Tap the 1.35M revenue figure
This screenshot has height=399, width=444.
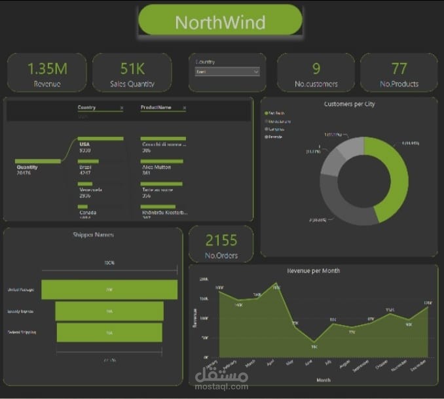[47, 68]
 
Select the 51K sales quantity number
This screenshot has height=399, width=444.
[132, 68]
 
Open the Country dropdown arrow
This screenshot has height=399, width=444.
[255, 71]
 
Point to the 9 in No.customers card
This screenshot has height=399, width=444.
[316, 68]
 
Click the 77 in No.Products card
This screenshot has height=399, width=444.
[399, 68]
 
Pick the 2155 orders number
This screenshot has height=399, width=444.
[221, 240]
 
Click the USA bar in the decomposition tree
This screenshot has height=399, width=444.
[100, 139]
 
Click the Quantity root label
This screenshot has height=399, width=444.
[28, 167]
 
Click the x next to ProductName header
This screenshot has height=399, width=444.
[184, 107]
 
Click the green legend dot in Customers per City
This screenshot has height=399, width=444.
[267, 113]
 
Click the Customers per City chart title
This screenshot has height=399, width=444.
[349, 103]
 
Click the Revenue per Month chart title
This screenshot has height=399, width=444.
[313, 270]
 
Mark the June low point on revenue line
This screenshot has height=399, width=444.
[314, 341]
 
